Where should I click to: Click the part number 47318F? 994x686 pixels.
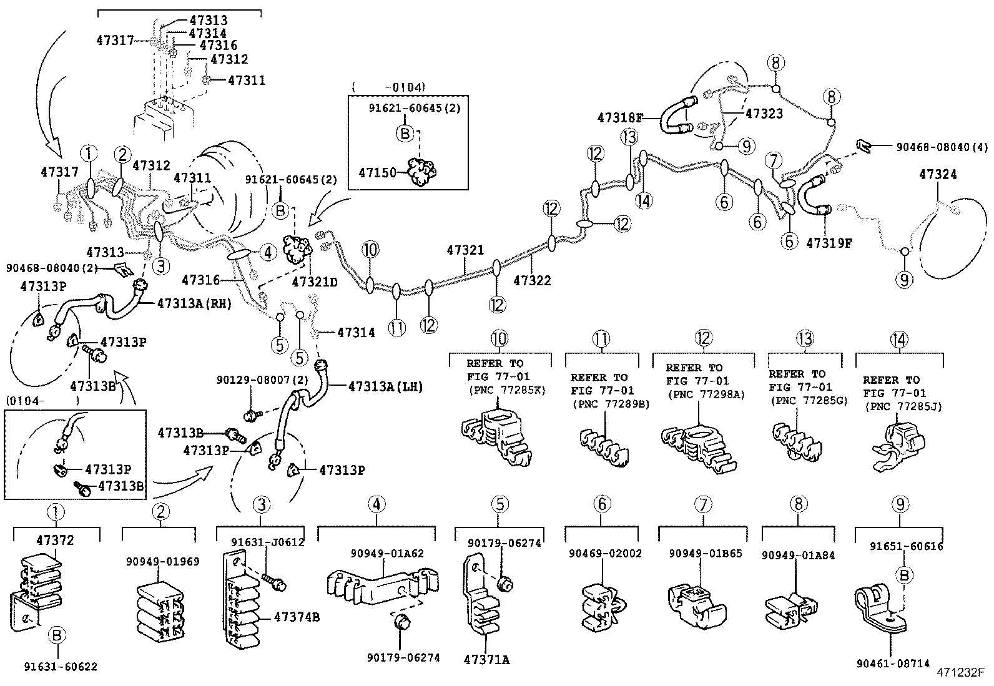pyautogui.click(x=619, y=117)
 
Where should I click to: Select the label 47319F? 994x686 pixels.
pyautogui.click(x=829, y=242)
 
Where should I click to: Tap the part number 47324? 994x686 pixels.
pyautogui.click(x=937, y=175)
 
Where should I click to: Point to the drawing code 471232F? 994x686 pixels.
pyautogui.click(x=960, y=673)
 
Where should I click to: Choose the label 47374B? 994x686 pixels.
pyautogui.click(x=297, y=617)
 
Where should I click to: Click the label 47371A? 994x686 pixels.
pyautogui.click(x=486, y=659)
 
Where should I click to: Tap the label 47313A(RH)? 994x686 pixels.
pyautogui.click(x=194, y=304)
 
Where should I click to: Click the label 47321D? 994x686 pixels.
pyautogui.click(x=315, y=282)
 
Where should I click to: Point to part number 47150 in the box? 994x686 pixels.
pyautogui.click(x=377, y=172)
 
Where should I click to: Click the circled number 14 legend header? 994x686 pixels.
pyautogui.click(x=898, y=340)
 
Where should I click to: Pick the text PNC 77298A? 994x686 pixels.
pyautogui.click(x=706, y=394)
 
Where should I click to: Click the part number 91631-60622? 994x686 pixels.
pyautogui.click(x=61, y=667)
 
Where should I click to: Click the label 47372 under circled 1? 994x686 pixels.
pyautogui.click(x=55, y=541)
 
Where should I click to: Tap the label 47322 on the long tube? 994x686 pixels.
pyautogui.click(x=532, y=281)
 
